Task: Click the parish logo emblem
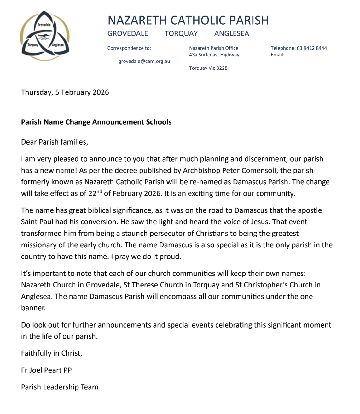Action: point(45,36)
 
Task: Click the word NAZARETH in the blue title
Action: point(137,21)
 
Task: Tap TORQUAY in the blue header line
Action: point(181,33)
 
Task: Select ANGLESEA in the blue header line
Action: point(231,33)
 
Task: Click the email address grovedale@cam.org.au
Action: point(144,61)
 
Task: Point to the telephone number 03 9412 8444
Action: point(312,48)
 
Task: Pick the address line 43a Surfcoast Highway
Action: point(214,55)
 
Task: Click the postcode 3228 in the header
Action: point(222,68)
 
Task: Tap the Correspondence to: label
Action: point(129,48)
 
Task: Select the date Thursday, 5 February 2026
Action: point(65,92)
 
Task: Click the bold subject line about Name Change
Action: point(96,122)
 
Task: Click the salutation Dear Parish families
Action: point(55,142)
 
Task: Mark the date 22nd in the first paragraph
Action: point(95,193)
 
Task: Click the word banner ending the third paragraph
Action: point(33,308)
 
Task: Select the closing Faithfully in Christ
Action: point(52,353)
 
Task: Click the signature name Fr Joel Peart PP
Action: point(46,370)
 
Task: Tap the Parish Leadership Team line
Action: point(60,387)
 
